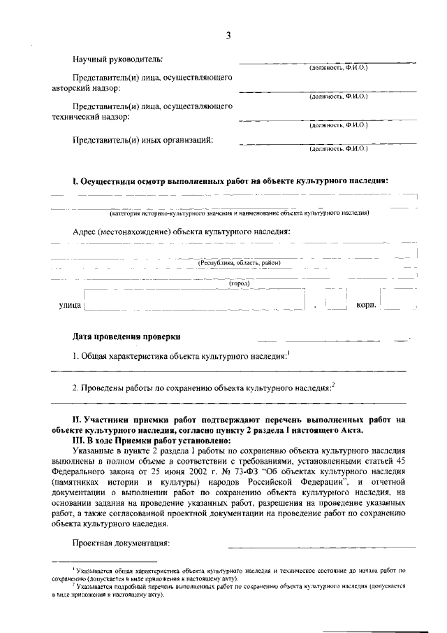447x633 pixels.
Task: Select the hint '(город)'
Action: tap(240, 283)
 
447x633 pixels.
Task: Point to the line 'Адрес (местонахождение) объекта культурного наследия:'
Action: tap(181, 231)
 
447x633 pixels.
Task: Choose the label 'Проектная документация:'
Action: tap(122, 543)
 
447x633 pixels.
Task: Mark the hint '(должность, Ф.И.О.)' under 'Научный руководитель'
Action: tap(338, 67)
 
